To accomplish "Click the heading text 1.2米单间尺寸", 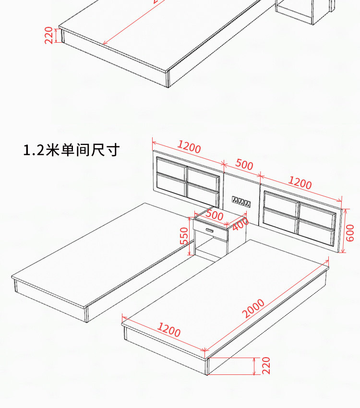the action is [x=71, y=150].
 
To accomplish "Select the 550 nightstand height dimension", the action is [x=185, y=236].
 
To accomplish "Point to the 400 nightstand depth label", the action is [x=240, y=224].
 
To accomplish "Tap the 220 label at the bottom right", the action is [x=266, y=366].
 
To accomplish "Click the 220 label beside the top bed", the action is [x=49, y=36].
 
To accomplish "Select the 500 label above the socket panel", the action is [x=244, y=165].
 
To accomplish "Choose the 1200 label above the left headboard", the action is [x=189, y=147].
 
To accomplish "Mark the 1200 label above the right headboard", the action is [x=300, y=183].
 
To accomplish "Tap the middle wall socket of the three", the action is [x=241, y=202].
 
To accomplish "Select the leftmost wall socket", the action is [x=235, y=201].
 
